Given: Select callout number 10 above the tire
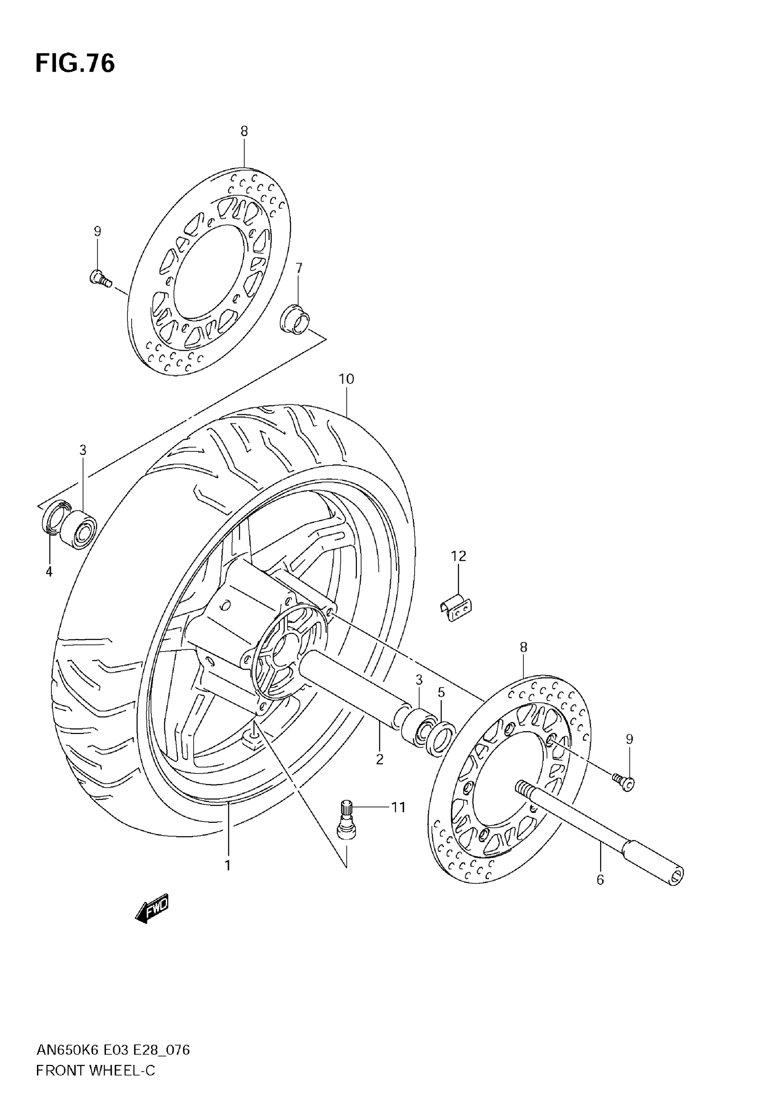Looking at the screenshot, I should click(x=346, y=379).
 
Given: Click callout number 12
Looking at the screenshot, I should click(x=458, y=556).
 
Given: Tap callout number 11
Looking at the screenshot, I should click(x=398, y=807).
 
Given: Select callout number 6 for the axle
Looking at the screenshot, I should click(x=600, y=880).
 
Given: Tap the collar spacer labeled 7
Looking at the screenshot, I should click(x=295, y=319).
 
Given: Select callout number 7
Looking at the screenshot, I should click(x=299, y=268).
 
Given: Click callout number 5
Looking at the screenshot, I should click(x=441, y=693).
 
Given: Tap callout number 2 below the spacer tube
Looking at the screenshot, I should click(x=380, y=760).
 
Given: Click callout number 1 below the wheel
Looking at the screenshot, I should click(x=228, y=866).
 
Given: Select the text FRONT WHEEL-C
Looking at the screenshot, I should click(x=96, y=1070).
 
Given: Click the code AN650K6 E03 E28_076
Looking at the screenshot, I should click(x=113, y=1050).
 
